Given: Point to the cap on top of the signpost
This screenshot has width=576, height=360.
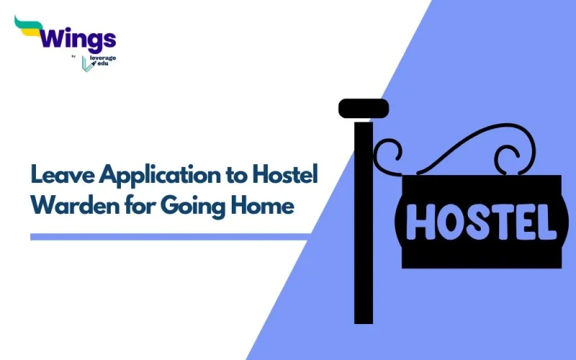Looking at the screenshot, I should (x=364, y=109).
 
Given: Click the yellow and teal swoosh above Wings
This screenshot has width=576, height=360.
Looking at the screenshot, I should (x=27, y=26).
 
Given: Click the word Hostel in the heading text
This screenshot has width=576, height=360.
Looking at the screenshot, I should (x=283, y=174).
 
